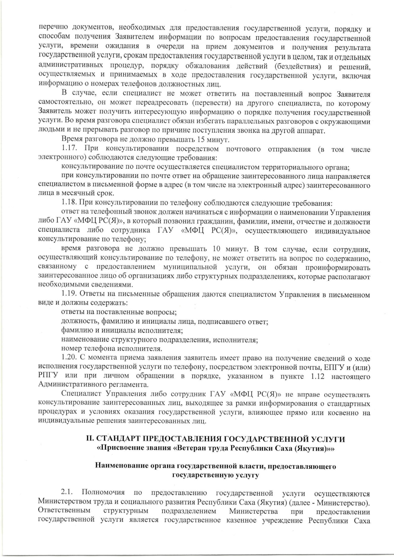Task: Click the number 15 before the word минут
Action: pos(202,140)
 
